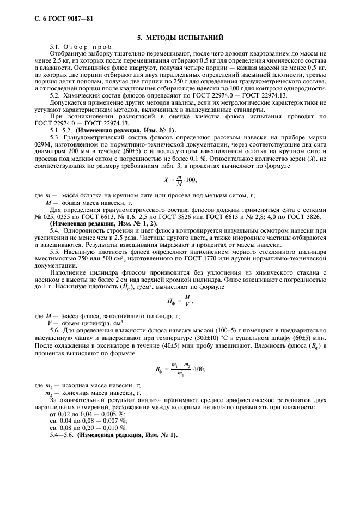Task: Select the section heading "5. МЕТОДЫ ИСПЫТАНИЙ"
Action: [x=180, y=37]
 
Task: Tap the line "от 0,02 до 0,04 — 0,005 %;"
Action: [x=87, y=415]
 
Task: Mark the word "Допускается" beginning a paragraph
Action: [x=69, y=102]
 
